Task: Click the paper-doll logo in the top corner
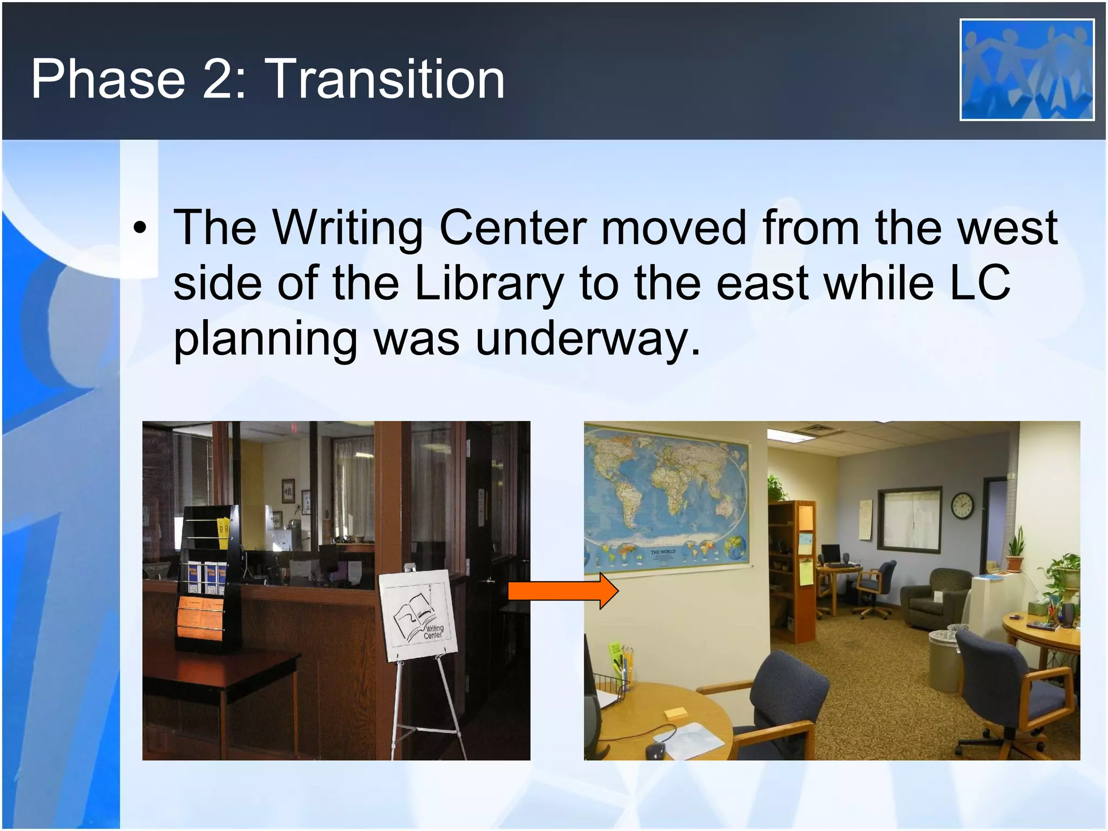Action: click(x=1026, y=69)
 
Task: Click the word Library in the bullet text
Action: click(x=489, y=283)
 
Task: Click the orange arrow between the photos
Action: click(x=563, y=591)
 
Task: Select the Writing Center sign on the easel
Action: click(x=417, y=614)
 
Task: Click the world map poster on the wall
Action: click(x=667, y=498)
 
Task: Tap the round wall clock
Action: click(x=961, y=506)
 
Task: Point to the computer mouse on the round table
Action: click(x=655, y=750)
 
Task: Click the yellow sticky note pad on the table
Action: click(x=675, y=712)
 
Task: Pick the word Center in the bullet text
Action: click(x=512, y=228)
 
